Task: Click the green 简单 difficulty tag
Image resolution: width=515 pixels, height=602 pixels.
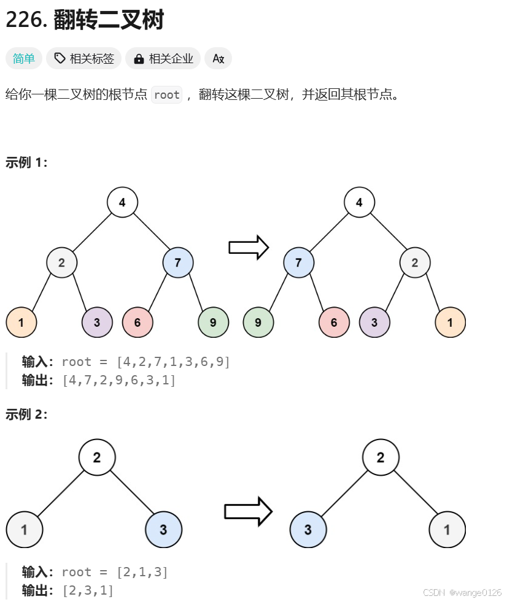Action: (x=24, y=58)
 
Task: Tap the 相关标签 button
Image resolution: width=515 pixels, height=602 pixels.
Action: (x=83, y=58)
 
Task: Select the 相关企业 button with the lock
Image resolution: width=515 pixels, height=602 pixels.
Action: (x=163, y=58)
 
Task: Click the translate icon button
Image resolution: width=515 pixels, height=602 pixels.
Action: (x=218, y=58)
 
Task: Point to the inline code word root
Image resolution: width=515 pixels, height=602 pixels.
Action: (x=166, y=94)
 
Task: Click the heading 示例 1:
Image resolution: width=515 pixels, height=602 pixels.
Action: (x=26, y=162)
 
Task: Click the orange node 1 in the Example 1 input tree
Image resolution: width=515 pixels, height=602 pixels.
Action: (x=21, y=322)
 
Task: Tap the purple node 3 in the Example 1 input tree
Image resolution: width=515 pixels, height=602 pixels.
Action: (x=98, y=322)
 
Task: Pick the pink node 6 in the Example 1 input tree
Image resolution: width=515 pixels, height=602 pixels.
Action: (x=137, y=322)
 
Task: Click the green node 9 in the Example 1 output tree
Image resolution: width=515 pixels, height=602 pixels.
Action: (x=258, y=322)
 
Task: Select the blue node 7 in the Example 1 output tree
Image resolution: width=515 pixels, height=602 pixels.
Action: (x=299, y=263)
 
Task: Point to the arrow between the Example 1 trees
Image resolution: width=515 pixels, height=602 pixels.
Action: (x=249, y=247)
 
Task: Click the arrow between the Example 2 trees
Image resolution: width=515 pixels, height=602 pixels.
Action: (x=248, y=511)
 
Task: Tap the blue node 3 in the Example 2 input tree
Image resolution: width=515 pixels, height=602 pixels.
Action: (x=163, y=530)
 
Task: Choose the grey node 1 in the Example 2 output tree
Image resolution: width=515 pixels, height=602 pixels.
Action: (x=447, y=530)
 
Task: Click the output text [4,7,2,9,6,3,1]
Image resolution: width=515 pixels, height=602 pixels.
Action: (x=119, y=380)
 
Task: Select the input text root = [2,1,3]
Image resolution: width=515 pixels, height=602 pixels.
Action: (x=115, y=572)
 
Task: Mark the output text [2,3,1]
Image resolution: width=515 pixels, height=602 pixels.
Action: (x=88, y=590)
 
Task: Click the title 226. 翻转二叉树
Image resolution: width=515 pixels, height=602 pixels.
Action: (x=85, y=20)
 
